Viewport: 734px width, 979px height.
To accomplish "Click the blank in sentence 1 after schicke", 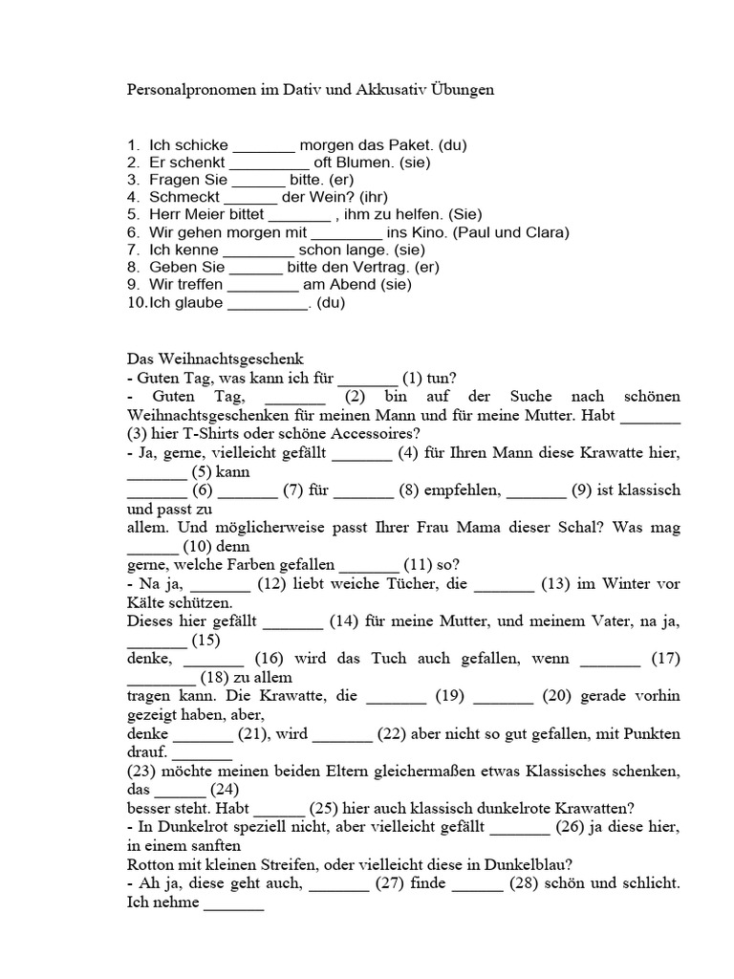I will click(x=264, y=146).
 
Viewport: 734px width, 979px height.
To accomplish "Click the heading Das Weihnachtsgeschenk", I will click(x=207, y=359).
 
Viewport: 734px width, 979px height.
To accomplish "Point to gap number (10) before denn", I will click(x=196, y=546).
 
